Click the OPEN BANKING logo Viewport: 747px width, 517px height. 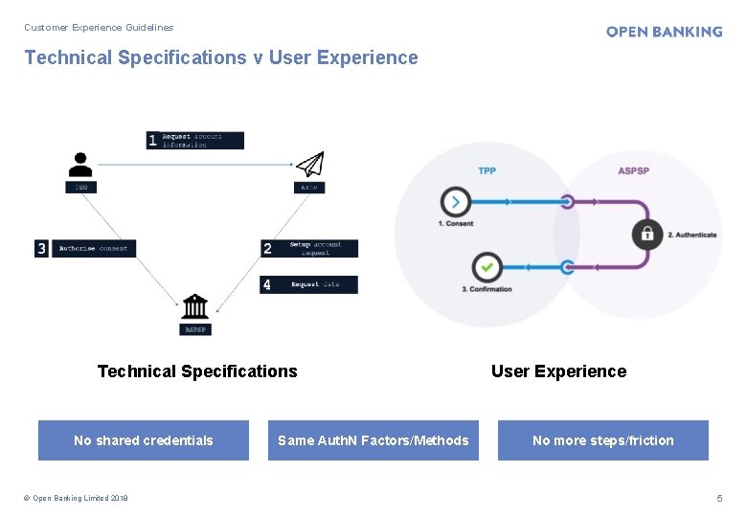[x=664, y=32]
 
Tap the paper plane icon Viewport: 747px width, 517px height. [x=309, y=164]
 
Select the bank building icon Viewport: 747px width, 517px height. [x=194, y=306]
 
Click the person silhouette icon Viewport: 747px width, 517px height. [x=81, y=164]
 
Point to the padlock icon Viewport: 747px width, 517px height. [x=647, y=234]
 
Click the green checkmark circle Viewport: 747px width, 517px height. [x=487, y=266]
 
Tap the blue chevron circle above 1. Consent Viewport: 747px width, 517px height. [x=455, y=202]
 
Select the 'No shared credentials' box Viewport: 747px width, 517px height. [x=144, y=440]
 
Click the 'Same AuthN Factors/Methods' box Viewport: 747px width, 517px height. [x=373, y=440]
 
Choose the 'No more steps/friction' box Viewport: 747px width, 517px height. [x=603, y=440]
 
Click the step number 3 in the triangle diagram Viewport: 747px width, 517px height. [x=41, y=248]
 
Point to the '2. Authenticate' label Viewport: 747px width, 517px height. [x=691, y=235]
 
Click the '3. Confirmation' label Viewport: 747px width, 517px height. [x=487, y=289]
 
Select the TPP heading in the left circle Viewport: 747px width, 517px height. [x=487, y=171]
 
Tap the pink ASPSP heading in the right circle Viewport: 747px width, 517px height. [x=633, y=171]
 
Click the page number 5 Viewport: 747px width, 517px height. [x=720, y=498]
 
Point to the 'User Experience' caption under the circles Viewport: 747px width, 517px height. [x=558, y=371]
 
